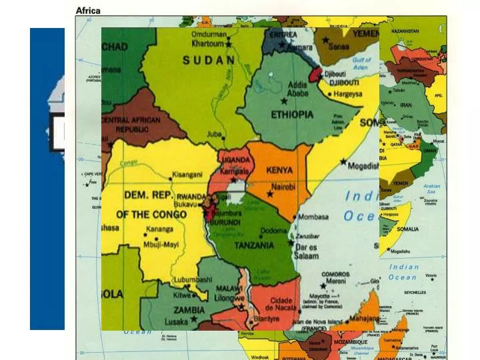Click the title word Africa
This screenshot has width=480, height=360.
click(x=88, y=10)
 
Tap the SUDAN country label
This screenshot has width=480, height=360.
click(x=208, y=60)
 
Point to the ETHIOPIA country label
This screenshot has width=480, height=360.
click(x=291, y=115)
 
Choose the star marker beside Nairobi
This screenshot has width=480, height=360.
click(x=270, y=194)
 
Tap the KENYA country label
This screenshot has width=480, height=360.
click(x=279, y=170)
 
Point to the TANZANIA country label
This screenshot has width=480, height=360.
click(x=253, y=245)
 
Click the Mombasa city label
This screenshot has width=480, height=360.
click(x=313, y=217)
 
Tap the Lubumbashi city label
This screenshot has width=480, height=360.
click(x=192, y=280)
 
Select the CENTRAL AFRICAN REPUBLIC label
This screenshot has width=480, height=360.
click(x=131, y=124)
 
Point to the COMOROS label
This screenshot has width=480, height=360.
click(x=335, y=274)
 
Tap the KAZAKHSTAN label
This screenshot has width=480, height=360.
click(x=405, y=31)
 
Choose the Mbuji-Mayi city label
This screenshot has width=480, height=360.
click(x=161, y=244)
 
